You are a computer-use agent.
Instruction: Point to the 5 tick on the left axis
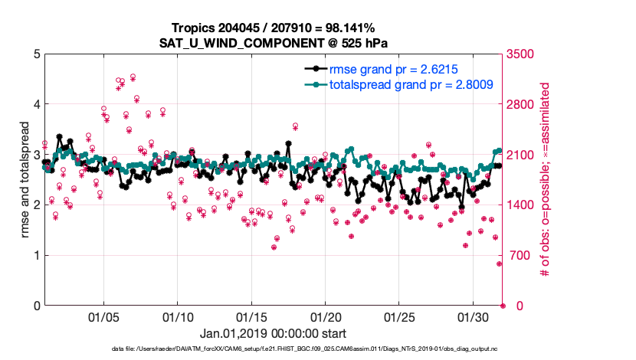[x=36, y=54]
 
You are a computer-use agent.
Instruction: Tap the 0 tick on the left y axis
[x=36, y=306]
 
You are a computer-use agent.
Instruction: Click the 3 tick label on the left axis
[x=36, y=155]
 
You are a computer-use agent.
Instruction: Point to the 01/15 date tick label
[x=251, y=316]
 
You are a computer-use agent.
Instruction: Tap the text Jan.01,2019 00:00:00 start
[x=272, y=334]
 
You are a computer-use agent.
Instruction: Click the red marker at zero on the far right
[x=503, y=306]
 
